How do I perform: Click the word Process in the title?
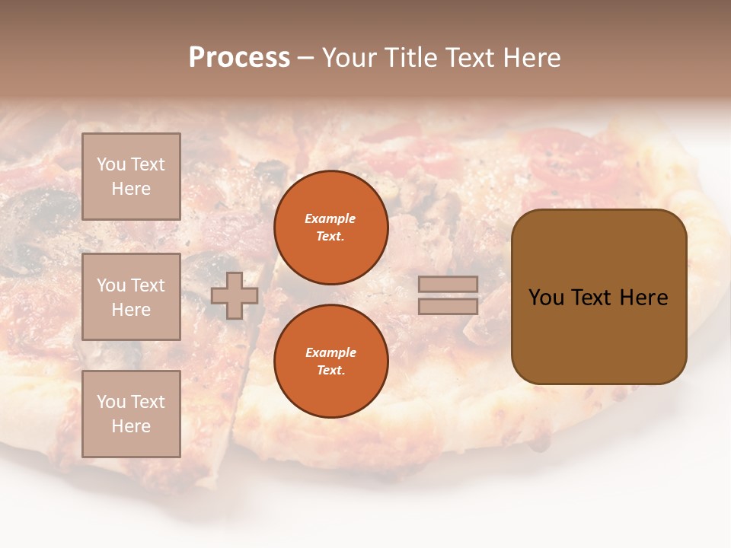tap(239, 58)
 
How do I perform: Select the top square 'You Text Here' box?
tap(131, 177)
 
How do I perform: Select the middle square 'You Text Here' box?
tap(131, 297)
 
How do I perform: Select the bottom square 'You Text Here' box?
tap(131, 414)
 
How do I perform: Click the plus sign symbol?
tap(235, 295)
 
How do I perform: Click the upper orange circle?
tap(330, 228)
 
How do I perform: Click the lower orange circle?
tap(330, 361)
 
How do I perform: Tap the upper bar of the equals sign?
tap(448, 284)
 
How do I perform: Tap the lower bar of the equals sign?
tap(448, 307)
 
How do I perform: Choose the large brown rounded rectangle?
tap(599, 296)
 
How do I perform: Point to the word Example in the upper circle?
tap(330, 218)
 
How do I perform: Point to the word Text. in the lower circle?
tap(330, 371)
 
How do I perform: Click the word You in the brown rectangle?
tap(545, 298)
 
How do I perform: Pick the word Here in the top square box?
tap(131, 189)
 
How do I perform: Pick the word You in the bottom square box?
tap(111, 402)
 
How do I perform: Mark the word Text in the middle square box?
tap(148, 285)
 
